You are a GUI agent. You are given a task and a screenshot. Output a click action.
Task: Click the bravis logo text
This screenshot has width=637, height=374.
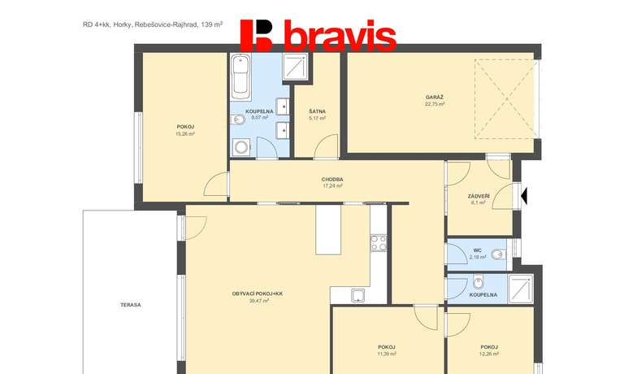pos(340,36)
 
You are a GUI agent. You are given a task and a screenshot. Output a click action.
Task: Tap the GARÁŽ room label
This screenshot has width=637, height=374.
pos(435,98)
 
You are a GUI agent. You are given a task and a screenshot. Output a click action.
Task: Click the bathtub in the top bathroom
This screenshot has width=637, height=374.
pos(240,77)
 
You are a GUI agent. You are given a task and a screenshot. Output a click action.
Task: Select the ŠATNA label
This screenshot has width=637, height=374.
pos(317,111)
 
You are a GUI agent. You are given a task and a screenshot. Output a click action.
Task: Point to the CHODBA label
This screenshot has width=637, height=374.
pos(332,179)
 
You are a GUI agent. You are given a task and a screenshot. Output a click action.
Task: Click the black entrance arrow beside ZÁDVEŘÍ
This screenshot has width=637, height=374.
pos(524,195)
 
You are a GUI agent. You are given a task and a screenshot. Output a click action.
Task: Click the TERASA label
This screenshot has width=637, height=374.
pos(131,305)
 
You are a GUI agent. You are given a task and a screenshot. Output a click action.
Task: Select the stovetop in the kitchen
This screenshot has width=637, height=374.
pos(379,242)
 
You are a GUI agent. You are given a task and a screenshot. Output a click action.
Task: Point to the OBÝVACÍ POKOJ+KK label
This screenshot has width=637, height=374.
pos(258,294)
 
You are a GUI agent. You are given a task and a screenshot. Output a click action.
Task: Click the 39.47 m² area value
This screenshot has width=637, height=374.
pos(259,301)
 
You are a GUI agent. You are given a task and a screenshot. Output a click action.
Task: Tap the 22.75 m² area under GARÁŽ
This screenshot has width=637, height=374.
pos(435,104)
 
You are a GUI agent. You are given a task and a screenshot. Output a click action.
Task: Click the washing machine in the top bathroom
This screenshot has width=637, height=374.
pos(242,147)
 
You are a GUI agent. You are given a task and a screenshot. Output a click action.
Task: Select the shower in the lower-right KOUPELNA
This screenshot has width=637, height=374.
pos(520,289)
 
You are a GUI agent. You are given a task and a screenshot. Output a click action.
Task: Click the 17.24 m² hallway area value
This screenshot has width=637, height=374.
pos(332,185)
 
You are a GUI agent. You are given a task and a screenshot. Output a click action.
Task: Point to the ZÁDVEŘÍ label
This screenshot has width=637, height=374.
pos(479,197)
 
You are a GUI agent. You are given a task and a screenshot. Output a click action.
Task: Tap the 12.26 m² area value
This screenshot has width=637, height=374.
pos(489,354)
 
